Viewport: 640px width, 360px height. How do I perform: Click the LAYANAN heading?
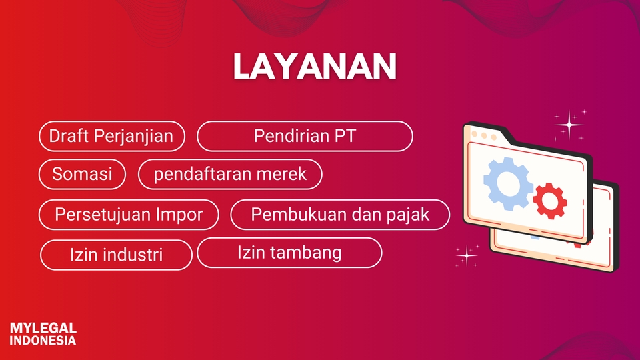tap(315, 66)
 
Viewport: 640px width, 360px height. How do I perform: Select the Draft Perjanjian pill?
tap(112, 136)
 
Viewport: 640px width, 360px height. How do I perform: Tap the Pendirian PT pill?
tap(305, 136)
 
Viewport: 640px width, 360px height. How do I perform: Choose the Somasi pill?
tap(82, 174)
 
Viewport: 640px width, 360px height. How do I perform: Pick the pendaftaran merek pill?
tap(230, 174)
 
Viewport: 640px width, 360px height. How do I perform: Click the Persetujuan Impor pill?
tap(129, 215)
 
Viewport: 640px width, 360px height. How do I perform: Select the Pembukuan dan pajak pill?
tap(340, 215)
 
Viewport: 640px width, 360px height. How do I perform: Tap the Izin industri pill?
tap(116, 255)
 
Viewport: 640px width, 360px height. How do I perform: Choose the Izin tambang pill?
tap(289, 253)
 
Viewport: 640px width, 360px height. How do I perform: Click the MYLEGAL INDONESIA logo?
tap(43, 334)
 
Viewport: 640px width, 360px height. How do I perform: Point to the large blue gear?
tap(508, 184)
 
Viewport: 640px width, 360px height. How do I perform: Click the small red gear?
tap(550, 201)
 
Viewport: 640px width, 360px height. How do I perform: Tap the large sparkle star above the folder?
tap(569, 125)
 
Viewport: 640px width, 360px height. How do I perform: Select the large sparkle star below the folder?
tap(467, 255)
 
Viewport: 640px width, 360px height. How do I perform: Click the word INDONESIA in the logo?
tap(43, 341)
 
